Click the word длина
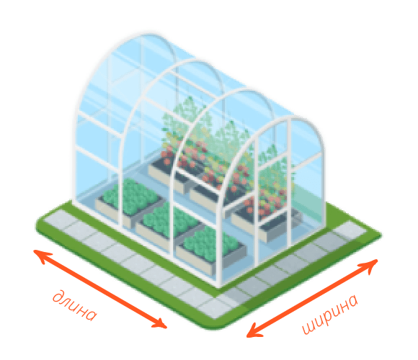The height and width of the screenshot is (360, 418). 75,306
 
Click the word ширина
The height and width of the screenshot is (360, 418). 330,314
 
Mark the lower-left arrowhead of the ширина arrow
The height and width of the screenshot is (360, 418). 254,330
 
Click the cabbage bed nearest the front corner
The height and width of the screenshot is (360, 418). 211,250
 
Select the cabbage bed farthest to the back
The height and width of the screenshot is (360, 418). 129,199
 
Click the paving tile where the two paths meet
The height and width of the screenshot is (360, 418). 216,306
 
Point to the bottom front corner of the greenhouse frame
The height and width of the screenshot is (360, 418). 219,286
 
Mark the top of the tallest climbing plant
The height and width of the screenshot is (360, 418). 190,99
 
